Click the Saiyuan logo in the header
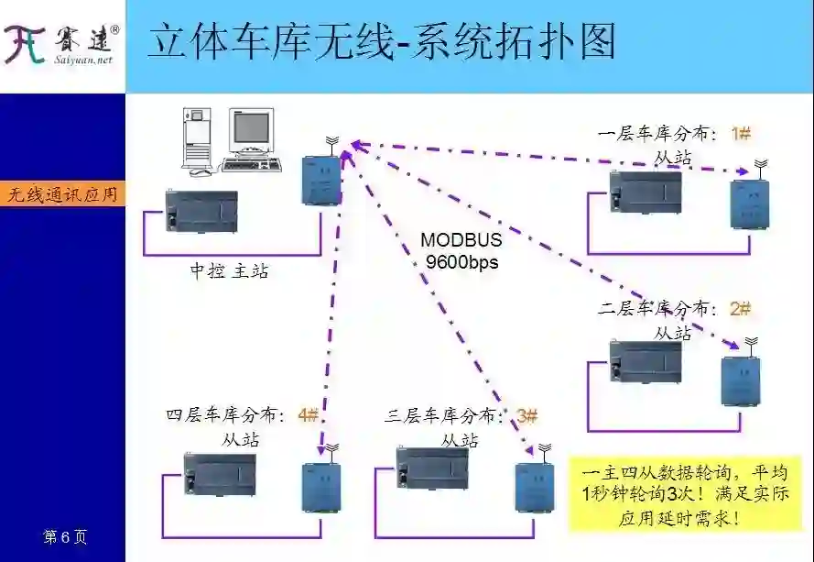[x=61, y=44]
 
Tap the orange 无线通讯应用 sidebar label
[x=62, y=194]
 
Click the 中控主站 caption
[x=229, y=271]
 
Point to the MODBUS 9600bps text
[x=461, y=250]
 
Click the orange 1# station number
[x=741, y=134]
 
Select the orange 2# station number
[x=740, y=309]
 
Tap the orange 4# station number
[x=309, y=414]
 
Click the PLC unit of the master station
[x=201, y=211]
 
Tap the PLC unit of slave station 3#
[x=431, y=473]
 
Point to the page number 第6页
[x=65, y=536]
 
